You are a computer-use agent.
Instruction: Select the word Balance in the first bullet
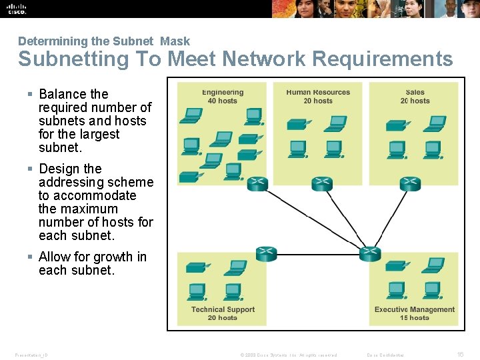coord(63,94)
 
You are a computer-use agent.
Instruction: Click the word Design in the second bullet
coord(59,169)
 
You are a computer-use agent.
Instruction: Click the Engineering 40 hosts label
coord(223,97)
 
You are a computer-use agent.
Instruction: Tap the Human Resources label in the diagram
coord(318,93)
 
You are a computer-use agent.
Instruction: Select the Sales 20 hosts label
coord(415,97)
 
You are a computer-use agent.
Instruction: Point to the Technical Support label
coord(223,309)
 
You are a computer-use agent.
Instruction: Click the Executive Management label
coord(415,309)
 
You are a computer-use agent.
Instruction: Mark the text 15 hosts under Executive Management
coord(415,318)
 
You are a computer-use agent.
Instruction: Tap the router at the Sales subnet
coord(410,184)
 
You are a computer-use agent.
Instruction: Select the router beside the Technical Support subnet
coord(266,253)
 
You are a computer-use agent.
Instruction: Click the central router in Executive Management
coord(369,253)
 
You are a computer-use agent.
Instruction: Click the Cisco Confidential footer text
coord(385,355)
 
